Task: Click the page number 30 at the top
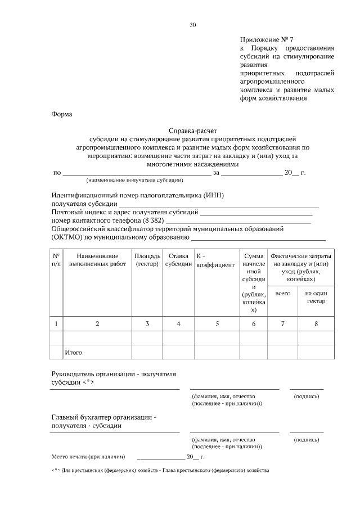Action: (193, 25)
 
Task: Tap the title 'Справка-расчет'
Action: (192, 129)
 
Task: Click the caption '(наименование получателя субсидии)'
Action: (134, 181)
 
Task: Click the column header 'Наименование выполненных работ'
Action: (97, 260)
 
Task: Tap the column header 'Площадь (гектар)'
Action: (147, 260)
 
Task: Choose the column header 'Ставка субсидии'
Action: (178, 260)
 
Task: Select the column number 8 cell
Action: (316, 323)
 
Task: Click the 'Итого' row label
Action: (74, 352)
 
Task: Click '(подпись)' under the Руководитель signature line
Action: (307, 397)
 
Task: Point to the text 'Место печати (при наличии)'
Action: (88, 456)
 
